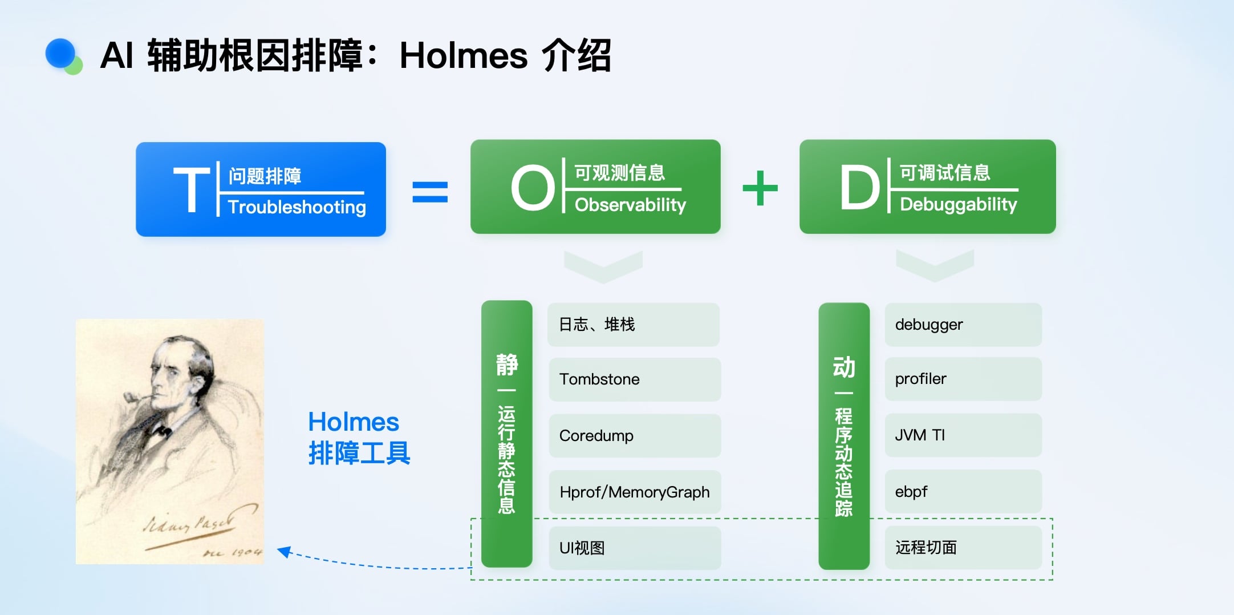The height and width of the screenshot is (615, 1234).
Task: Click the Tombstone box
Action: (x=634, y=379)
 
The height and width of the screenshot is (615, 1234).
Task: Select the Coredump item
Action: (x=634, y=436)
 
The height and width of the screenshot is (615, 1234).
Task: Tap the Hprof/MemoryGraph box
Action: (x=634, y=492)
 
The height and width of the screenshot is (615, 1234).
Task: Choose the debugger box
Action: (x=963, y=325)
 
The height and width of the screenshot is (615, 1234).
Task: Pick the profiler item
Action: (x=963, y=379)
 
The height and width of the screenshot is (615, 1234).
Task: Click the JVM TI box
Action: (x=963, y=435)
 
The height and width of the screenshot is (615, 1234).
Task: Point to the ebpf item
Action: (x=963, y=491)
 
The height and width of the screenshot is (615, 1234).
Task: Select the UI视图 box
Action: (x=634, y=548)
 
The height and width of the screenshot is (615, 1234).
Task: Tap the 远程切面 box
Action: (x=963, y=548)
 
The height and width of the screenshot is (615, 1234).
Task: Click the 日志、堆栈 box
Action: (x=633, y=325)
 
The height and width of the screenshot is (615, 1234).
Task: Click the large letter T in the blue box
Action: (x=191, y=190)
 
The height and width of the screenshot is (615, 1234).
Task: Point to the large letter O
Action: (x=533, y=188)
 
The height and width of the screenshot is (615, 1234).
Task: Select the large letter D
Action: (x=859, y=187)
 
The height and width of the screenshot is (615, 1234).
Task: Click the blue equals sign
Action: (x=430, y=192)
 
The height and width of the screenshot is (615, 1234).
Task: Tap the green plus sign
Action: (x=760, y=188)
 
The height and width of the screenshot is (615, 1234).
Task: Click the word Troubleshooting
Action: (x=297, y=207)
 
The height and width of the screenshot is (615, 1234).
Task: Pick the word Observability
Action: (x=630, y=205)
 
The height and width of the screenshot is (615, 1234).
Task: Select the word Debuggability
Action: (x=958, y=204)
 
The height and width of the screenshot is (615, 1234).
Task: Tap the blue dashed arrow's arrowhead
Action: (x=283, y=551)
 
